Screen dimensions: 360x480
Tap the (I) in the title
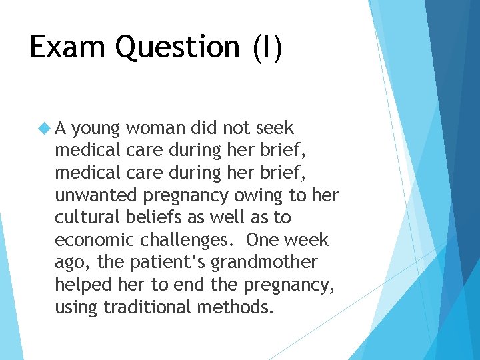pos(267,48)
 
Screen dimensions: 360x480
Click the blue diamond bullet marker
pos(45,127)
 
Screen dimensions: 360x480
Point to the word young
pos(96,128)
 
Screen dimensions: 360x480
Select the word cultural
pos(85,217)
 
